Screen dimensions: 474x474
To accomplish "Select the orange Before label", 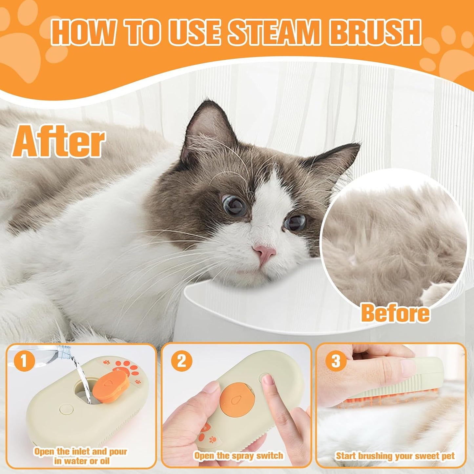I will pos(395,313).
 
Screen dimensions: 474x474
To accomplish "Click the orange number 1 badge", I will pos(24,361).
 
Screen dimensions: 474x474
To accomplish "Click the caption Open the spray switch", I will pos(238,456).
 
